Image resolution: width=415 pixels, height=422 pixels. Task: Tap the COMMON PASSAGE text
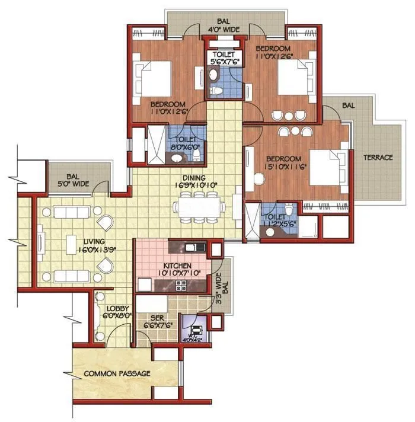[117, 373]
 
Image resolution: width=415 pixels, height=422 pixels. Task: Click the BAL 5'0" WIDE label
[77, 180]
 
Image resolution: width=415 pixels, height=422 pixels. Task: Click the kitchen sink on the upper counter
[191, 247]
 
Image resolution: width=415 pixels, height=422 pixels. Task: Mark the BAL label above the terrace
[348, 105]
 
